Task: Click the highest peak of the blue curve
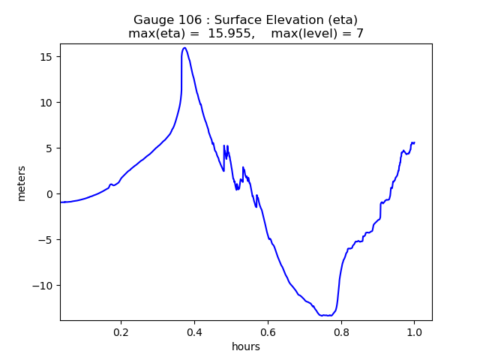184,48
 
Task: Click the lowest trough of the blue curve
327,316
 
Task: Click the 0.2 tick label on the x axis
121,332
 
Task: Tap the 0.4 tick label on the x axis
194,332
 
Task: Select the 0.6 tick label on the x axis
268,332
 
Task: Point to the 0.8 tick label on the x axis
341,332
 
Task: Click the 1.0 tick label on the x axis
414,332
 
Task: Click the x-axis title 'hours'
246,346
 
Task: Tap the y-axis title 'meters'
22,183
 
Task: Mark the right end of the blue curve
414,142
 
